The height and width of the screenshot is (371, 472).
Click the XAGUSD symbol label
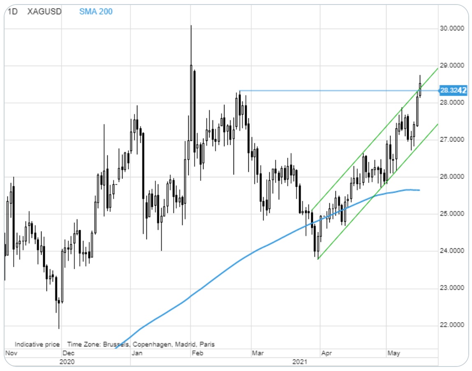(x=44, y=11)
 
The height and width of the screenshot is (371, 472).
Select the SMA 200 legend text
(x=96, y=11)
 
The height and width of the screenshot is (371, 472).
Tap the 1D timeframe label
(x=13, y=11)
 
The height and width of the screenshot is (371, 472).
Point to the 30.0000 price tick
(x=452, y=28)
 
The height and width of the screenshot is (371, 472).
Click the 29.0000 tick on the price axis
(x=452, y=66)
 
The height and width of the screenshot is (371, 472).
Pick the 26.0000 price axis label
(x=452, y=177)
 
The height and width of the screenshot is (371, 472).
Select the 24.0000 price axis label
(x=452, y=251)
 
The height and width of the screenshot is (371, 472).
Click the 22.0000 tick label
(x=452, y=326)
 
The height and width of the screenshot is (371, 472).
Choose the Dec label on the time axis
(x=68, y=353)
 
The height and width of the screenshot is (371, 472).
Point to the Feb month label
(x=198, y=353)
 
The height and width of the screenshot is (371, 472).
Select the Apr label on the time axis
(x=327, y=353)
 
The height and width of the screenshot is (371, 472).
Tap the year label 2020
(x=67, y=362)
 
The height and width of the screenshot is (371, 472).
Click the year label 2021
(x=299, y=362)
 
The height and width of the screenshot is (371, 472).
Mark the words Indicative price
(x=37, y=344)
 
